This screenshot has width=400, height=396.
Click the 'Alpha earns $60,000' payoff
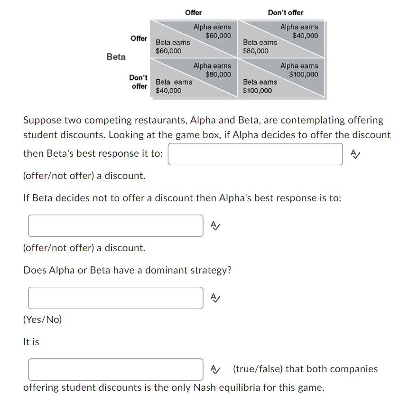click(212, 31)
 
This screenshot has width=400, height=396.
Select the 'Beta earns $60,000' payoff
click(173, 47)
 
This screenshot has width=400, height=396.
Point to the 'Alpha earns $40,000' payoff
click(299, 31)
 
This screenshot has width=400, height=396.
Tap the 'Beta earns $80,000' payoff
click(260, 47)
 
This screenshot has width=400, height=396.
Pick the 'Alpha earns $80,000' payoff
click(212, 70)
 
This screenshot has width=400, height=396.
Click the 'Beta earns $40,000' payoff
click(174, 86)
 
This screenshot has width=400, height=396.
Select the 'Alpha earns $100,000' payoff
click(299, 70)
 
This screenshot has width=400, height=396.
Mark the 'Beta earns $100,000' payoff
click(260, 86)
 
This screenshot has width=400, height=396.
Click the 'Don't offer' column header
click(285, 12)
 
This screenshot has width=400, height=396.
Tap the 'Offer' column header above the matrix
click(193, 12)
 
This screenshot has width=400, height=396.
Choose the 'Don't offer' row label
click(138, 82)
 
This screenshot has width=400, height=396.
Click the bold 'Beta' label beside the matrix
click(116, 57)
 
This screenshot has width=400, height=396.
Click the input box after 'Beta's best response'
click(255, 154)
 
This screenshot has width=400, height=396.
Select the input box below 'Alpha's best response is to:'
click(116, 226)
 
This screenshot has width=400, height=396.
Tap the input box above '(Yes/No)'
click(116, 298)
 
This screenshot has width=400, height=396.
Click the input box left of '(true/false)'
click(116, 369)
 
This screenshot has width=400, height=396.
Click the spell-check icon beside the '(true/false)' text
click(215, 369)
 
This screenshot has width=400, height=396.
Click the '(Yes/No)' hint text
click(43, 320)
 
